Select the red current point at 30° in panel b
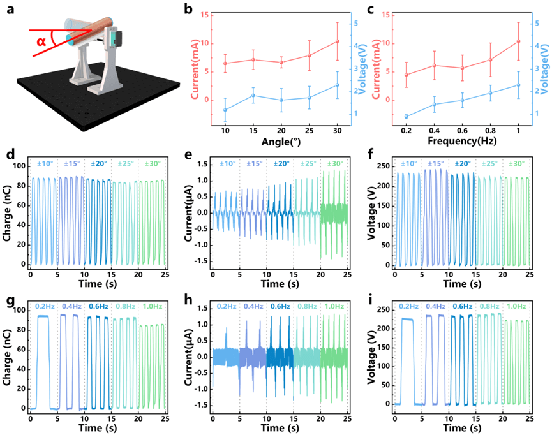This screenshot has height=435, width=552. click(x=337, y=42)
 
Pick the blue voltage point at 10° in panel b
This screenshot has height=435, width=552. click(x=225, y=110)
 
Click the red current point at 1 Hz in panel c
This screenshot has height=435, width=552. click(x=518, y=41)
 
